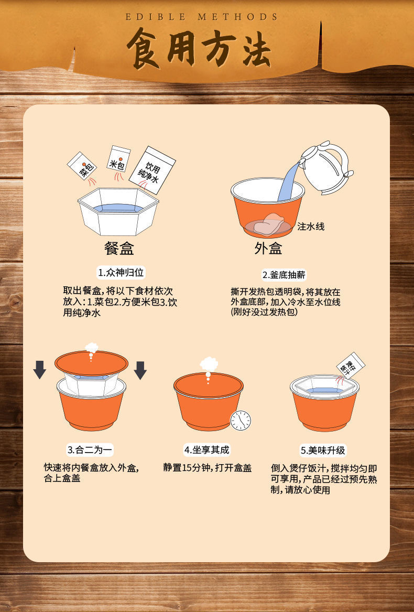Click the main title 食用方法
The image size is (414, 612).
199,50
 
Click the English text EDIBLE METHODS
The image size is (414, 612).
202,17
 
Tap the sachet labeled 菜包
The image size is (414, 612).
82,166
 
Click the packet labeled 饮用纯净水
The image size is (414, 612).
152,169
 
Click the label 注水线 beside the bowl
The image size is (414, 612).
311,227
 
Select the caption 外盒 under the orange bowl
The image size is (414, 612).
268,249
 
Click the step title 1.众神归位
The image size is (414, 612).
121,273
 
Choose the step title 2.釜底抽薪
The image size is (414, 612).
284,274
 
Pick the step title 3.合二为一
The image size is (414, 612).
90,450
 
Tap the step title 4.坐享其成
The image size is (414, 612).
206,450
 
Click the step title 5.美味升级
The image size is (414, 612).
323,450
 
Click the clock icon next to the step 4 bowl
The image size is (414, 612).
241,420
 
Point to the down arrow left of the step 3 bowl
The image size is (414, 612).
40,370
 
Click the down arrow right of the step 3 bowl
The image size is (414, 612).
140,370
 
